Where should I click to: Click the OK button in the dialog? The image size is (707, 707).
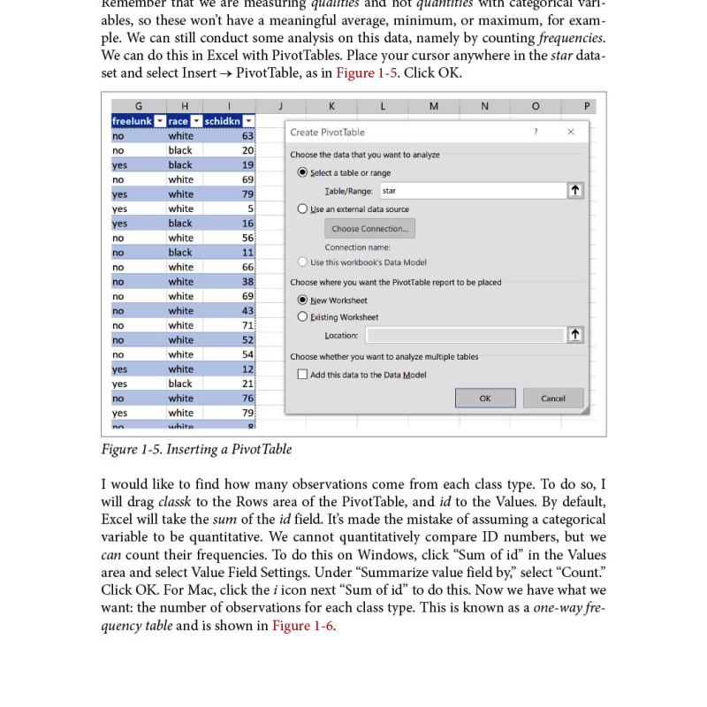[485, 398]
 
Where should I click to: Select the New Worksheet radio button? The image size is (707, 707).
[303, 300]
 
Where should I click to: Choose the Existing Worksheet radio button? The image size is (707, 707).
[303, 316]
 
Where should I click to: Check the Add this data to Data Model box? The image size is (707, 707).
[303, 375]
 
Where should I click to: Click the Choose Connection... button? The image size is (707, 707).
[369, 228]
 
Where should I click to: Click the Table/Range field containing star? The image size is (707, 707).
[473, 190]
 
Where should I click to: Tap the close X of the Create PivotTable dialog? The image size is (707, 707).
[571, 132]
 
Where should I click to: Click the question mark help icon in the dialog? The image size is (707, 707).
[535, 132]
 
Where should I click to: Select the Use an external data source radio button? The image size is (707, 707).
[303, 209]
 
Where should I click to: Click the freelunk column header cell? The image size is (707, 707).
[133, 121]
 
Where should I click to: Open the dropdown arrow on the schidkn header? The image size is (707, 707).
[249, 121]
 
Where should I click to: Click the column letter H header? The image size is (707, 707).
[184, 106]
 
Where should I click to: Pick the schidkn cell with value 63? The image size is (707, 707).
[230, 136]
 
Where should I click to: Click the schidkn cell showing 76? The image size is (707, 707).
[230, 399]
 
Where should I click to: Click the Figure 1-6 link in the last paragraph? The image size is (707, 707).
[303, 626]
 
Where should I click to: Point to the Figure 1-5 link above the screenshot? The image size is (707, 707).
[367, 72]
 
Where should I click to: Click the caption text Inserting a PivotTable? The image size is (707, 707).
[237, 449]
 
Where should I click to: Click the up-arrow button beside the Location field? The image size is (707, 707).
[575, 335]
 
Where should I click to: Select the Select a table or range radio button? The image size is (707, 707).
[303, 172]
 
